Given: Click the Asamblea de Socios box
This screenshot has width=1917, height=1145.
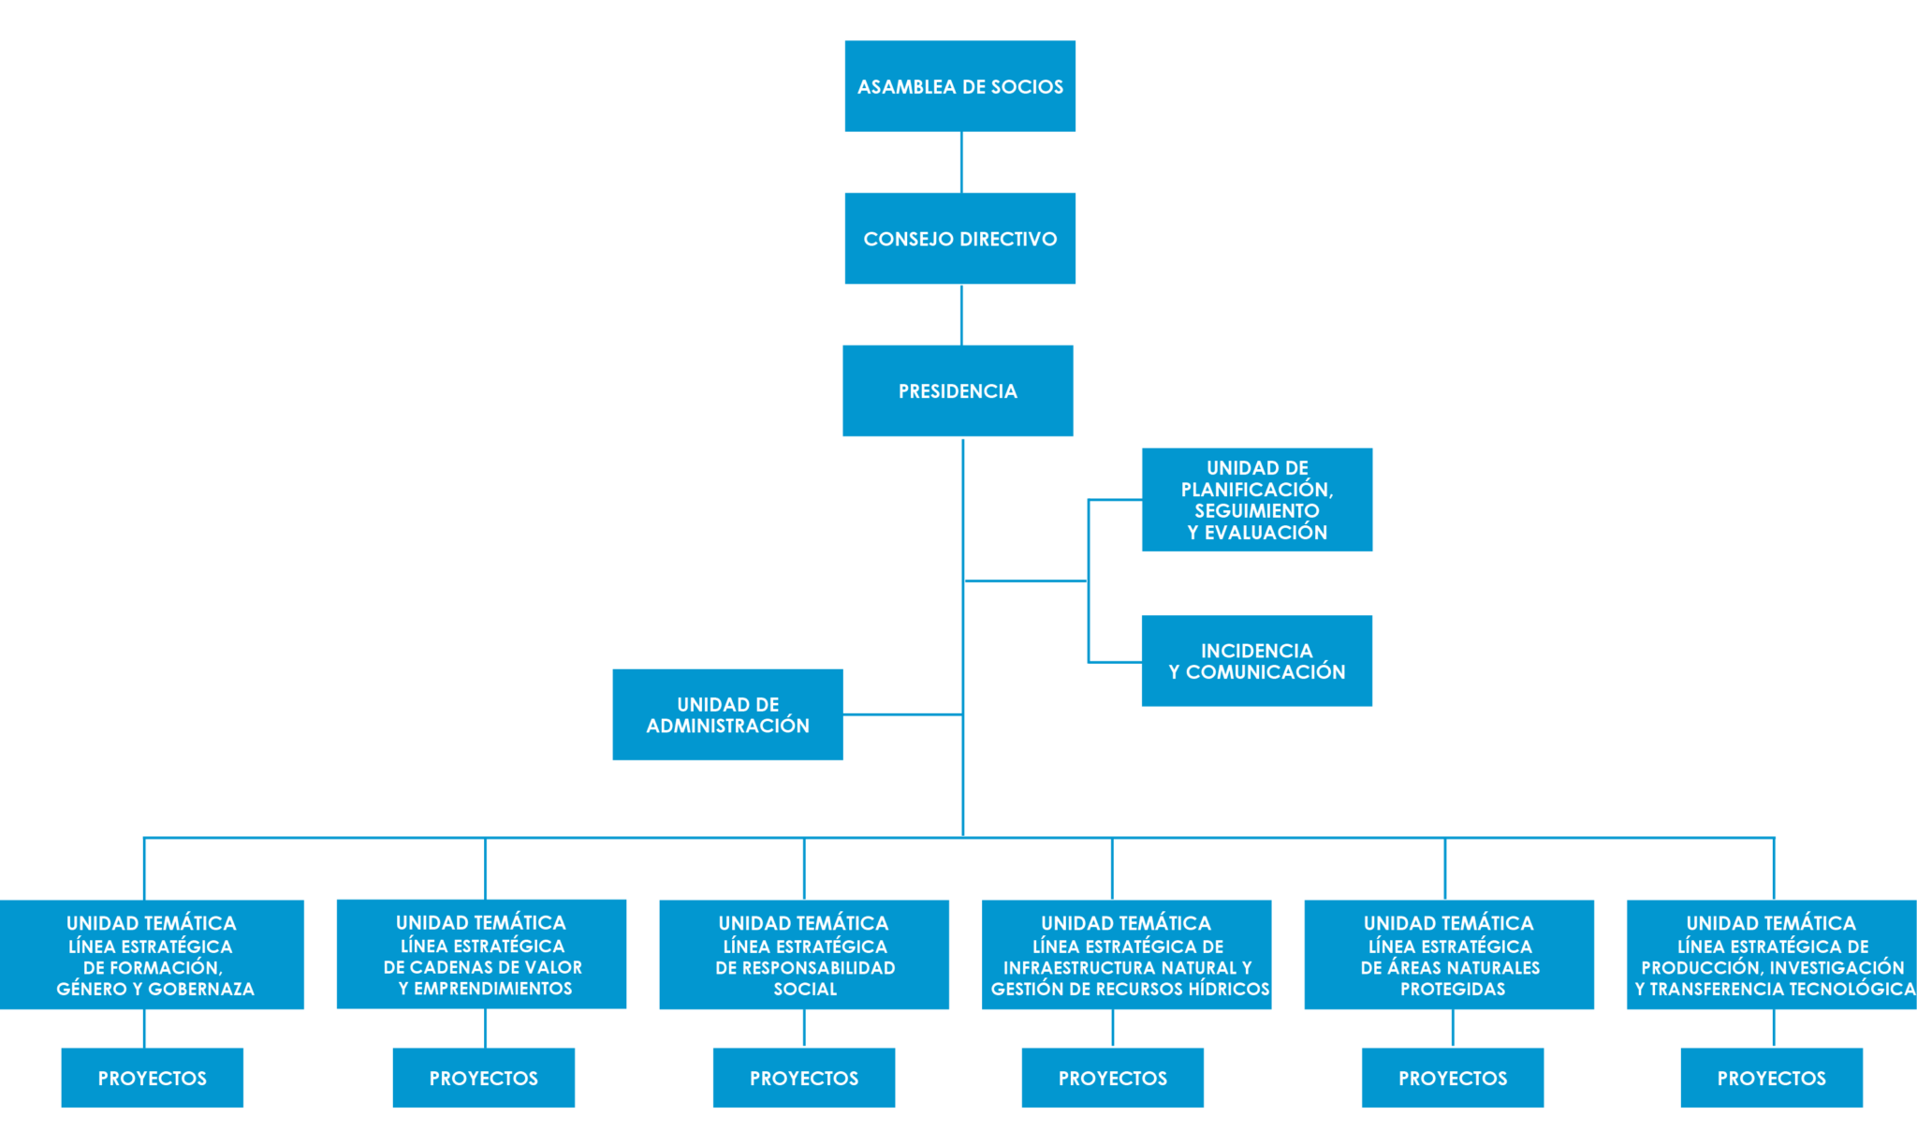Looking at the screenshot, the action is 959,86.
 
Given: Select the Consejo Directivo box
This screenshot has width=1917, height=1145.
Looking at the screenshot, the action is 959,239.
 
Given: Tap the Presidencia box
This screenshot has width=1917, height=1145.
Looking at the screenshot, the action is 958,390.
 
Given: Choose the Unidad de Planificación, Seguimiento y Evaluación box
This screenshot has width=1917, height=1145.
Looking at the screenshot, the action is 1257,500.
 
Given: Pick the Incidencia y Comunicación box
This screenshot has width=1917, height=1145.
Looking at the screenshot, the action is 1257,661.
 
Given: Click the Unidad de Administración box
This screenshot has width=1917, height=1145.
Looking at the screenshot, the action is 727,714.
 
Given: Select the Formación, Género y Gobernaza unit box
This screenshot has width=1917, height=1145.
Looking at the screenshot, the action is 152,955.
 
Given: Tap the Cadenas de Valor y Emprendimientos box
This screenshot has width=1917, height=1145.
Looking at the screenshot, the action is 481,954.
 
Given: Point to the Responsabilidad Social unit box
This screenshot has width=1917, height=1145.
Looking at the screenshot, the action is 804,955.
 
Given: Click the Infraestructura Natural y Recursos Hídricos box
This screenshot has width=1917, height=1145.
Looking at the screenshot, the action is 1126,955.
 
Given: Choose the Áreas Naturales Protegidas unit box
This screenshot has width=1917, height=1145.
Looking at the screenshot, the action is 1449,955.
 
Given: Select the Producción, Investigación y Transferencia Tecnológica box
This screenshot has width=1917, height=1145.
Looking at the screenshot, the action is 1772,955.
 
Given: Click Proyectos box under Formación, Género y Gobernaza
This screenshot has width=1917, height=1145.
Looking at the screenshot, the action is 153,1078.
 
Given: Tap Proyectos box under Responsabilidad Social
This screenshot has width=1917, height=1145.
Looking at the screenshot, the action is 804,1078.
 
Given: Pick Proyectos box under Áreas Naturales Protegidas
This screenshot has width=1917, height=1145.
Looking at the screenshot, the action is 1453,1078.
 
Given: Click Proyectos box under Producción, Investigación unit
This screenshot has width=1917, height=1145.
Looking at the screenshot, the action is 1772,1078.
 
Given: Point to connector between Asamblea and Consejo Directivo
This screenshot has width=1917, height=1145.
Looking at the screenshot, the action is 961,163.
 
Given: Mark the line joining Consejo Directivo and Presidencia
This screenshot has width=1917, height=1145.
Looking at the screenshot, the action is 961,315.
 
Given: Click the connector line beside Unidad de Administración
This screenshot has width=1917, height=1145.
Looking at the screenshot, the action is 903,714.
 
